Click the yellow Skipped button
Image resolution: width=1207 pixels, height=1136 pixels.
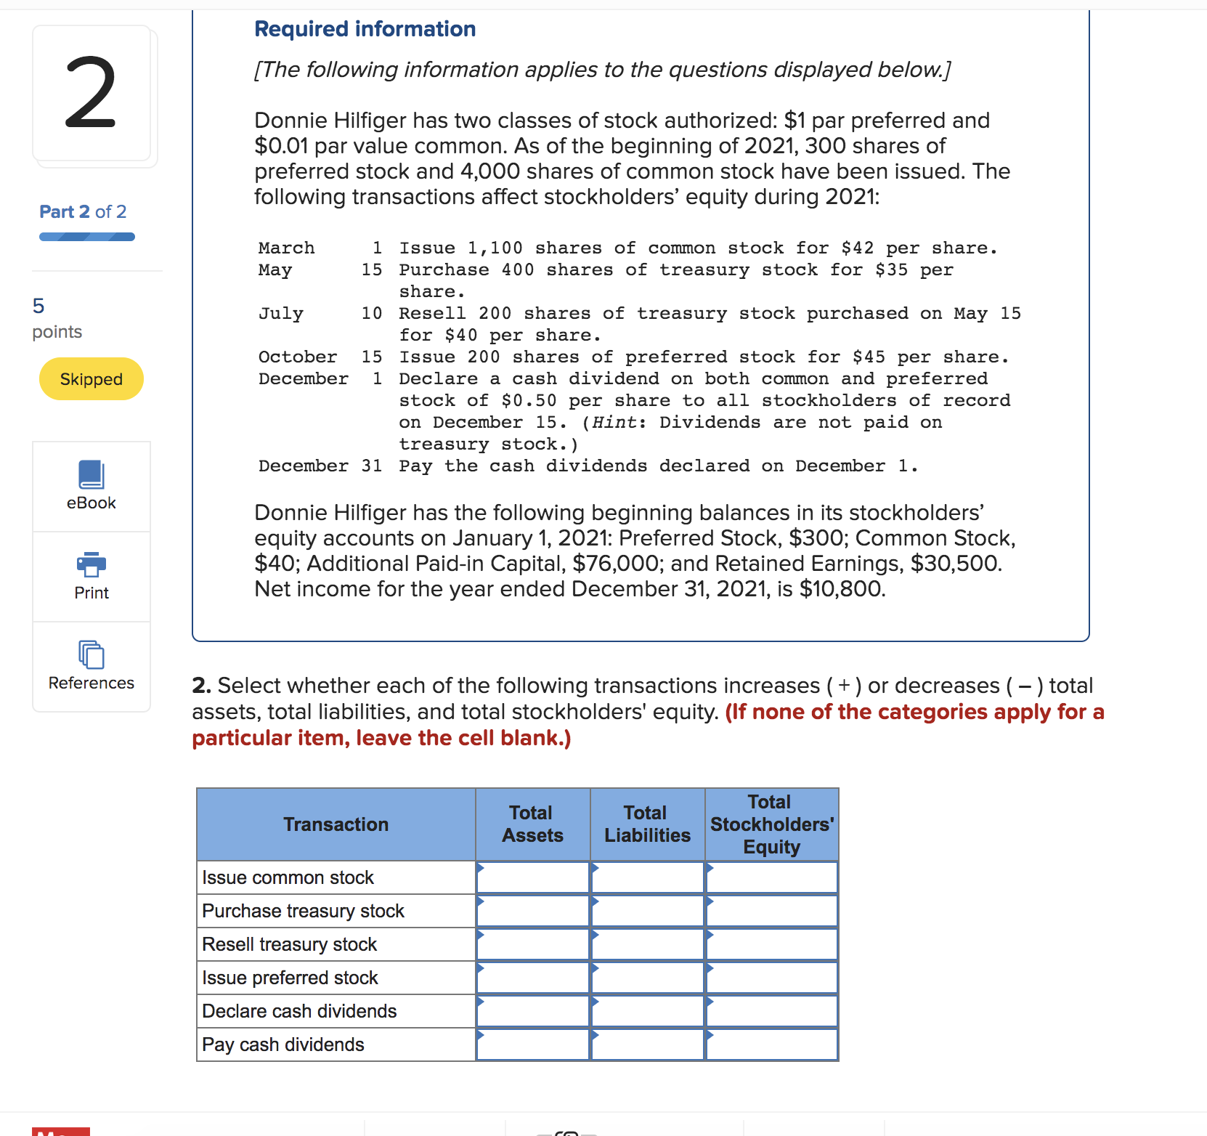(92, 379)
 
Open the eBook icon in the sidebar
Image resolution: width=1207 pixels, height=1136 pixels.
(92, 476)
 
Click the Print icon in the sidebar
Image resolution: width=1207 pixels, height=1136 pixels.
(92, 564)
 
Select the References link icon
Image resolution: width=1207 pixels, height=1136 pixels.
(92, 655)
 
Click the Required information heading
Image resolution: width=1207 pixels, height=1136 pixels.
(365, 29)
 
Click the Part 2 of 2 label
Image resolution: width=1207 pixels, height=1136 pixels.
(83, 211)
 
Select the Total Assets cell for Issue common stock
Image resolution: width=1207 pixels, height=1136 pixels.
(533, 877)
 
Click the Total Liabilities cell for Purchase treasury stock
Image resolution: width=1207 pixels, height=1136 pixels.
(647, 911)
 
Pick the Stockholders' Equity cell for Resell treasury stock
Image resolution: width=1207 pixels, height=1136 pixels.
(771, 944)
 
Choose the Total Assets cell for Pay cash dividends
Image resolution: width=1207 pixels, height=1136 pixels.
(533, 1044)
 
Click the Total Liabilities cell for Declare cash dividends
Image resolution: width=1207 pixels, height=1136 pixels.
(647, 1011)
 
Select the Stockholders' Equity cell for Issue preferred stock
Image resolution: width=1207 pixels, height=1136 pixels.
(771, 978)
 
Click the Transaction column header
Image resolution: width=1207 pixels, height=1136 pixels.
(336, 824)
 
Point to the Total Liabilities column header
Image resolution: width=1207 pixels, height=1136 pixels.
(647, 824)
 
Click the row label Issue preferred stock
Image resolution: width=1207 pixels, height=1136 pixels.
(290, 978)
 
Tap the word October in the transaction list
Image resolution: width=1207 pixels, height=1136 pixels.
(298, 357)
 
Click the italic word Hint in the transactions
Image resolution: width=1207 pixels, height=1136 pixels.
(614, 423)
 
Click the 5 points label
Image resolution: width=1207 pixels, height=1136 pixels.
(57, 318)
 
